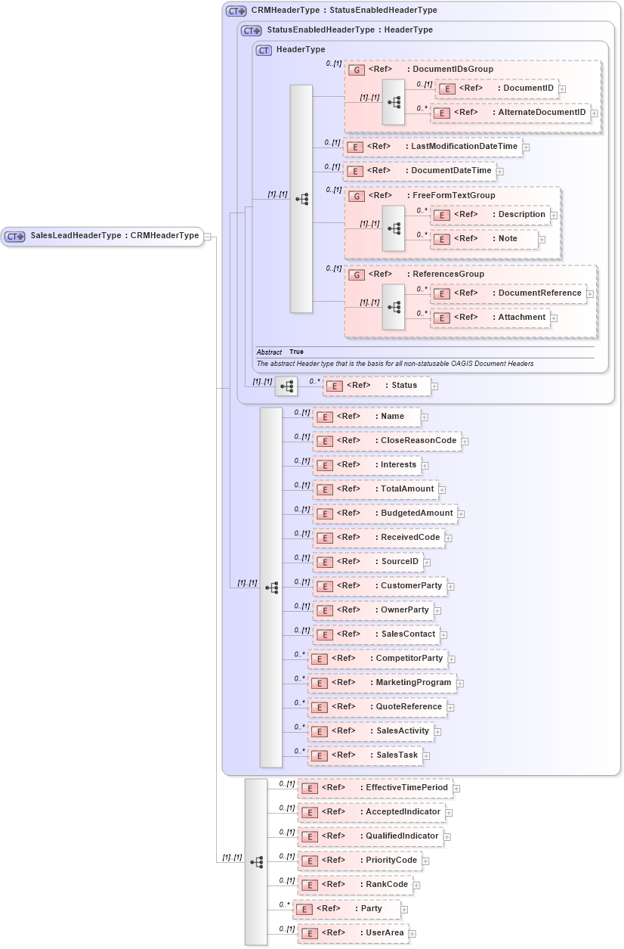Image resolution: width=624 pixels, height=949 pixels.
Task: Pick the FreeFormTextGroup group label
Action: (x=453, y=196)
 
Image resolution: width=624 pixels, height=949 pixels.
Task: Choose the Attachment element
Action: (x=494, y=318)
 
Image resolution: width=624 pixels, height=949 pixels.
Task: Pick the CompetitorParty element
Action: (x=378, y=659)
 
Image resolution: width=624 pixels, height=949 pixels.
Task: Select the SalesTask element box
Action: (x=364, y=755)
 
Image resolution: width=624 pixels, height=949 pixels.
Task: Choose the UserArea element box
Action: (x=353, y=933)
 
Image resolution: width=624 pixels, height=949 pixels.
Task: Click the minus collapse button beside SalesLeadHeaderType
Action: (x=208, y=237)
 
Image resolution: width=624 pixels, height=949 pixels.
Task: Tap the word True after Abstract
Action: (x=296, y=352)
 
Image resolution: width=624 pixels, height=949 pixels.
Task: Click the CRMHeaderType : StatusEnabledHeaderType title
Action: (x=344, y=11)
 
